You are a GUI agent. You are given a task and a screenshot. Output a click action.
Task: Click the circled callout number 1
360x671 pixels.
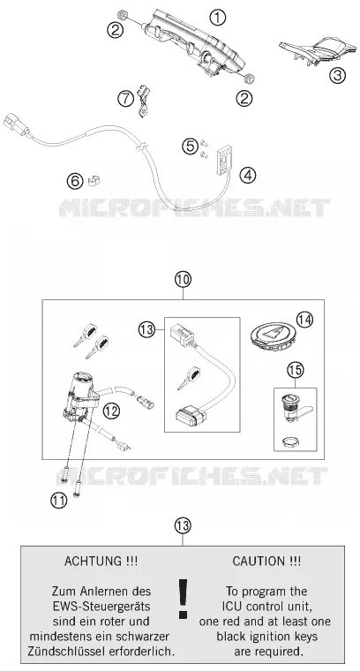pyautogui.click(x=217, y=18)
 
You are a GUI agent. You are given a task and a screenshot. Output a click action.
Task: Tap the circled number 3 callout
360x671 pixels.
pyautogui.click(x=337, y=75)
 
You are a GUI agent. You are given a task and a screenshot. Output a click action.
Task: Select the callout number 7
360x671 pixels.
pyautogui.click(x=125, y=99)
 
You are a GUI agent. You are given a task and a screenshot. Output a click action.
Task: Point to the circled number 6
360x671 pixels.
pyautogui.click(x=75, y=181)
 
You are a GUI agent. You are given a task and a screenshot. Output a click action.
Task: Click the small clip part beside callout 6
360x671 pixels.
pyautogui.click(x=94, y=181)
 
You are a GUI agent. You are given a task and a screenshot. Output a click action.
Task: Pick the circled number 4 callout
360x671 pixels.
pyautogui.click(x=248, y=175)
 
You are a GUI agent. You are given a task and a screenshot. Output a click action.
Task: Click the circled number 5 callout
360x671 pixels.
pyautogui.click(x=190, y=147)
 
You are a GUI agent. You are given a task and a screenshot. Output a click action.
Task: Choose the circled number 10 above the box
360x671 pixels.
pyautogui.click(x=183, y=280)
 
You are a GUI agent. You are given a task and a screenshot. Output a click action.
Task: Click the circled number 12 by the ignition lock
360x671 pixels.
pyautogui.click(x=111, y=411)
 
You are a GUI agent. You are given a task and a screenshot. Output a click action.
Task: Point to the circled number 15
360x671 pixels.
pyautogui.click(x=295, y=370)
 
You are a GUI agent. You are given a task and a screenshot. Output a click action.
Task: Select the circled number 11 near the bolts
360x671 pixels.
pyautogui.click(x=58, y=500)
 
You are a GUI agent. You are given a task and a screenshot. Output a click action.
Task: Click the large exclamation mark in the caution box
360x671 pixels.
pyautogui.click(x=183, y=599)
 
